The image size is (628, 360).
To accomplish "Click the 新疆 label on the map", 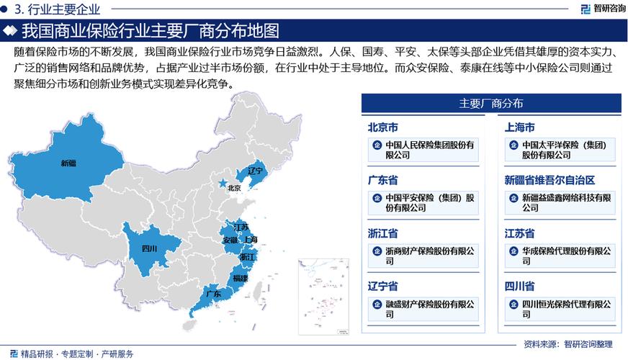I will coord(68,163).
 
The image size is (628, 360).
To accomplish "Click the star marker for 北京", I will coord(223,184).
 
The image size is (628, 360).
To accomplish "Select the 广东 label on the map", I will coord(213,294).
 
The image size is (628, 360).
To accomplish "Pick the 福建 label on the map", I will coord(240,278).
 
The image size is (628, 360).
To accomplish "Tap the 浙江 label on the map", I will coord(247,257).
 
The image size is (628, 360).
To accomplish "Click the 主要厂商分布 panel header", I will coord(491,104).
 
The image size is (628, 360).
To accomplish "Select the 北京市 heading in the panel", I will coord(383,127).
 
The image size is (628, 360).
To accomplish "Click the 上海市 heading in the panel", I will coord(519,127).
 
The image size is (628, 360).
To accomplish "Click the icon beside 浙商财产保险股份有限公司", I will coord(377,251).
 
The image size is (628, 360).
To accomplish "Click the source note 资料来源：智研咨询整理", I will coord(569,344).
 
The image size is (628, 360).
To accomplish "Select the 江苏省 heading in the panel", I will coord(519,233).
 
